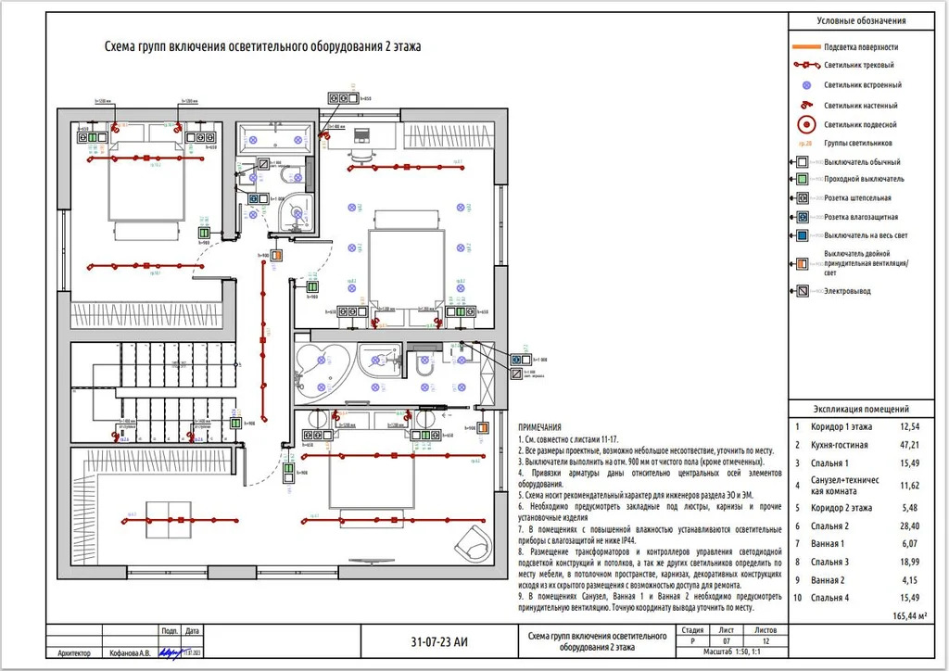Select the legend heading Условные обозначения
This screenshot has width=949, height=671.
tap(861, 20)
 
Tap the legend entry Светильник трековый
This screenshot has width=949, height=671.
tap(858, 66)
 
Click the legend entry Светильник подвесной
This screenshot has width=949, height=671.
tap(859, 124)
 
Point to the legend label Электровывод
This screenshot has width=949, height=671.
tap(847, 291)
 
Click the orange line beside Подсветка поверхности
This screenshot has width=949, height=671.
tap(805, 46)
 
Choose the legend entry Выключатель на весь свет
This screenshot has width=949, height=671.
tap(866, 235)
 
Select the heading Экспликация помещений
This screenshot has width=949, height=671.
tap(861, 409)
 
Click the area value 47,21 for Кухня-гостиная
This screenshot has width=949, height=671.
tap(909, 445)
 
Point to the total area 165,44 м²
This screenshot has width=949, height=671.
tap(914, 615)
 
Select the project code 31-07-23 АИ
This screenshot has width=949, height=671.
tap(438, 640)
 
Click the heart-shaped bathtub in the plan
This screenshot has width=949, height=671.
tap(320, 363)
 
